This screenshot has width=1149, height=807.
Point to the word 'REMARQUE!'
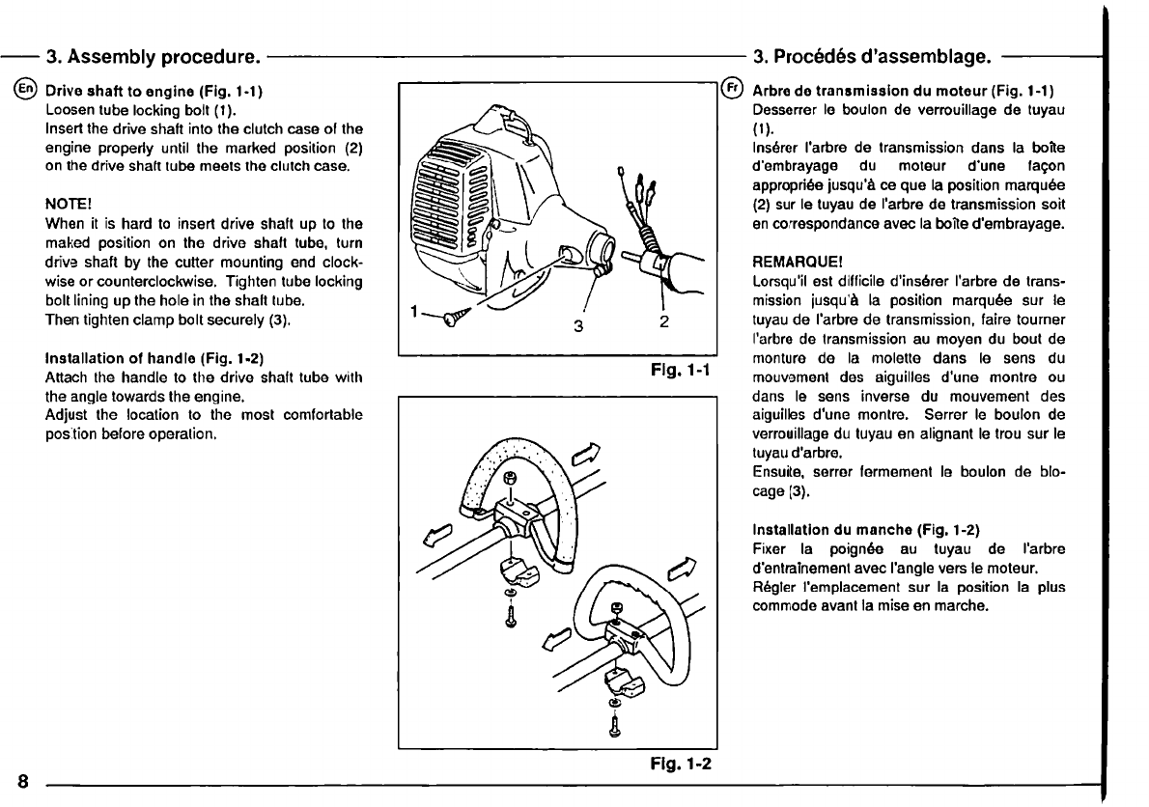tap(788, 262)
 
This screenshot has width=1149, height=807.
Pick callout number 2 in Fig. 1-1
tap(665, 323)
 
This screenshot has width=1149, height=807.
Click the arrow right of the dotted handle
tap(588, 453)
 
